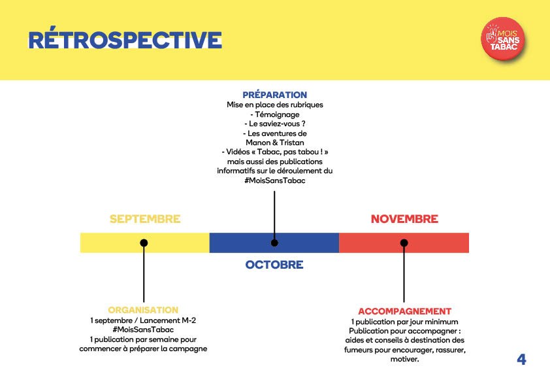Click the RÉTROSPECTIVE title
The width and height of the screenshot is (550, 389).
click(x=125, y=41)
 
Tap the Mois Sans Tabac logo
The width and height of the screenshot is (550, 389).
click(x=504, y=39)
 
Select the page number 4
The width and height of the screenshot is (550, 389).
click(x=521, y=359)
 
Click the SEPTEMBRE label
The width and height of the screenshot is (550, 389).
click(x=145, y=219)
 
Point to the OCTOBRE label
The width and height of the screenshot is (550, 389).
click(x=274, y=265)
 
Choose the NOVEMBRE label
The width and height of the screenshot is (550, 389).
click(x=404, y=219)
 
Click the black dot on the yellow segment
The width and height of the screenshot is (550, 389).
click(x=144, y=243)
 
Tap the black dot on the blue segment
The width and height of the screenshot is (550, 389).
click(x=274, y=243)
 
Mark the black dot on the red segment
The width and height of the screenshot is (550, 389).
click(x=404, y=243)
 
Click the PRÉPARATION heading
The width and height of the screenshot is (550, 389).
click(x=274, y=95)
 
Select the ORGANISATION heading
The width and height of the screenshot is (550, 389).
click(x=143, y=310)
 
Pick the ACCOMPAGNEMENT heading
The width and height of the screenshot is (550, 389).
click(x=404, y=311)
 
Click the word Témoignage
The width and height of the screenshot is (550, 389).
click(x=277, y=114)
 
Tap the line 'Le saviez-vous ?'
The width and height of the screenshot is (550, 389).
click(x=274, y=124)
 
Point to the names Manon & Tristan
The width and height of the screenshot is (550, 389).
click(x=274, y=142)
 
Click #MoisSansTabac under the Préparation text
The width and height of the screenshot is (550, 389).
click(x=274, y=180)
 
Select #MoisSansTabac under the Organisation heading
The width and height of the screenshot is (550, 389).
click(x=143, y=330)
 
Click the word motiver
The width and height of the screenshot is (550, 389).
click(x=404, y=359)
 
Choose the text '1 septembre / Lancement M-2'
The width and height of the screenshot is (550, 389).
click(x=143, y=320)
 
